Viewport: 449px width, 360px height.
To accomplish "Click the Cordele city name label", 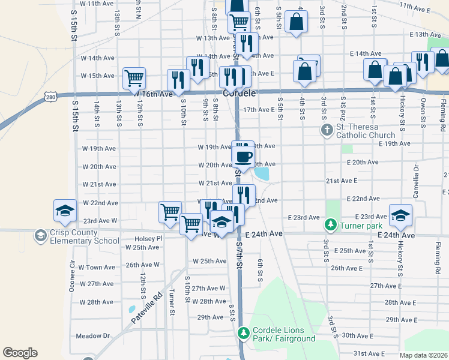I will (x=240, y=94).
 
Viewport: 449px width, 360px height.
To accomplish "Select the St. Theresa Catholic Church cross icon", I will (x=327, y=130).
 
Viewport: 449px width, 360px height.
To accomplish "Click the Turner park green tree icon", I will (x=330, y=225).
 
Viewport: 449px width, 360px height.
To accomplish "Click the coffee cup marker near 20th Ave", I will (x=243, y=157).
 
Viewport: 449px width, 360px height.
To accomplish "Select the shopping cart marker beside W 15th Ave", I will (x=134, y=78).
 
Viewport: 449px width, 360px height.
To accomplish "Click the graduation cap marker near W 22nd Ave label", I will (x=65, y=210).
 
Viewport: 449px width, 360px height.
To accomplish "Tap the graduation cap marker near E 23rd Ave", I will (x=401, y=214).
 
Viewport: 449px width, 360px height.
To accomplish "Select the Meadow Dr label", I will (x=93, y=337).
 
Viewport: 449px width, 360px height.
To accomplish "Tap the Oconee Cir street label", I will (x=73, y=273).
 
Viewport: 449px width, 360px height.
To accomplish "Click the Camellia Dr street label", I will (x=415, y=187).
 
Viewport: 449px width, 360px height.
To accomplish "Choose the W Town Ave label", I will (x=96, y=267).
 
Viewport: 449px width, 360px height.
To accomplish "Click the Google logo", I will (x=20, y=353).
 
